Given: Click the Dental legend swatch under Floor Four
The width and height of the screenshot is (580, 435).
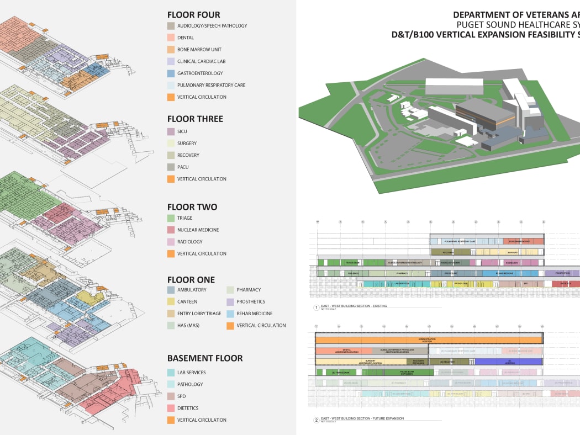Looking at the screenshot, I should (171, 38).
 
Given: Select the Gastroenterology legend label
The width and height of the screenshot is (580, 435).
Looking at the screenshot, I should (200, 73).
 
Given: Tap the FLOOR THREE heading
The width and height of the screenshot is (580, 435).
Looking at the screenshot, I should (195, 119).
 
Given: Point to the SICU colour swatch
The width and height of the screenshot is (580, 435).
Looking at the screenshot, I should (171, 131).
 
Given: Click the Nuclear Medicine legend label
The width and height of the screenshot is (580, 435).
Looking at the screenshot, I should (198, 230).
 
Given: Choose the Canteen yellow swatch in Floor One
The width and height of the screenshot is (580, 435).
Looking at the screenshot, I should (171, 301).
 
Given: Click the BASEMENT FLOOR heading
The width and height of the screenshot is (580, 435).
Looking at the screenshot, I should (204, 358).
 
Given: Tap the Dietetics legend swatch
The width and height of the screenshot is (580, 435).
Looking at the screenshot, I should (171, 408).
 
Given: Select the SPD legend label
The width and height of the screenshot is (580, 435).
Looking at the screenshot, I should (182, 396).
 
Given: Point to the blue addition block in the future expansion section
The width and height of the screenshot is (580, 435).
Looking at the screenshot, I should (508, 362).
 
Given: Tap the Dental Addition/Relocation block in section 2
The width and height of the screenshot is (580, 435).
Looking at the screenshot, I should (344, 351).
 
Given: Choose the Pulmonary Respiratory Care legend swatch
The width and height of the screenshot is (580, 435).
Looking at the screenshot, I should (171, 86).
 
